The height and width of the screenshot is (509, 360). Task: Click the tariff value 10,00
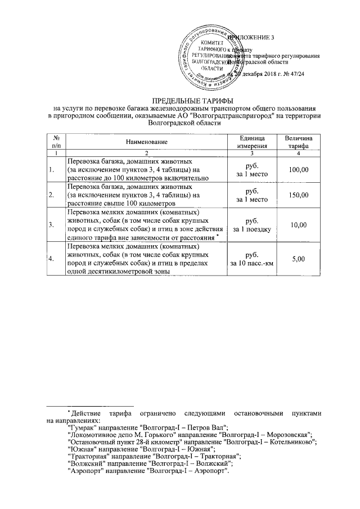tap(299, 225)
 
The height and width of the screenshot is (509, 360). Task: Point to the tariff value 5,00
tap(299, 259)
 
